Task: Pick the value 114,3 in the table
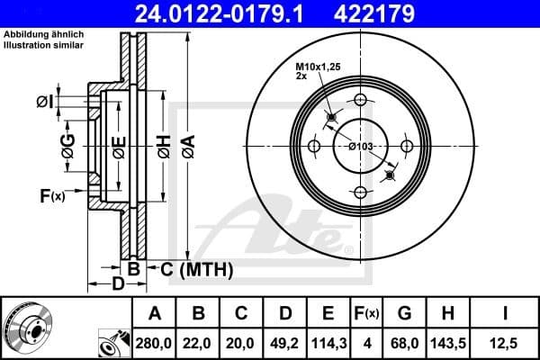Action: (328, 342)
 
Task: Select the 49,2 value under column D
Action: (284, 342)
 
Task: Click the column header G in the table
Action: (404, 313)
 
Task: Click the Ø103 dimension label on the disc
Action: (361, 147)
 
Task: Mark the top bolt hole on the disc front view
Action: (360, 100)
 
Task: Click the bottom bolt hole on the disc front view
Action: (360, 192)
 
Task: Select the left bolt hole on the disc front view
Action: (314, 146)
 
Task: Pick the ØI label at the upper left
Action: (44, 102)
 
